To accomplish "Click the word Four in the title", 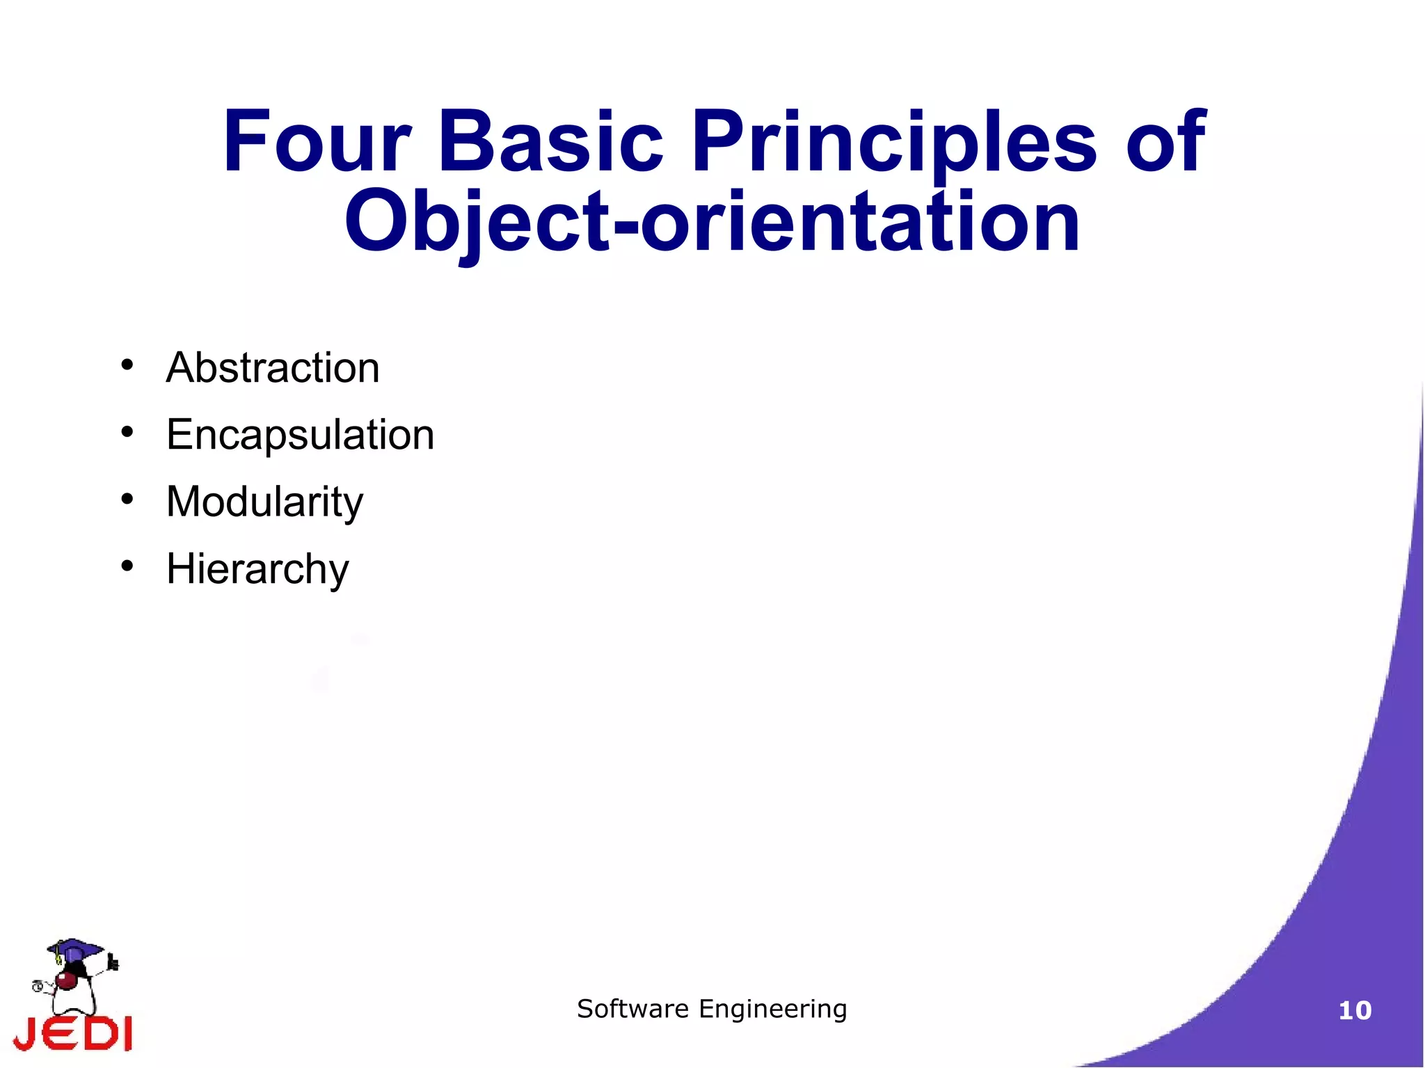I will (317, 142).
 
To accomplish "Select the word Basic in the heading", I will (550, 142).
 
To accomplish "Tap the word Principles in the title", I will (894, 142).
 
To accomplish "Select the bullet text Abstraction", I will (273, 367).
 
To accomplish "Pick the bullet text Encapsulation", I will (300, 435).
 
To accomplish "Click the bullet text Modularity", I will (264, 502).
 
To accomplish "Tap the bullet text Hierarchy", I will (257, 569).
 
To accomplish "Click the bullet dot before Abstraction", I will (127, 365).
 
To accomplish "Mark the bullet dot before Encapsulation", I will (127, 432).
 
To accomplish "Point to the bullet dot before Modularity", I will (127, 499).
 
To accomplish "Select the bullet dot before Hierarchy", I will (127, 566).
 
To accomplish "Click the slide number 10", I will (1354, 1010).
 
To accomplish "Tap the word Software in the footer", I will (632, 1008).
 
